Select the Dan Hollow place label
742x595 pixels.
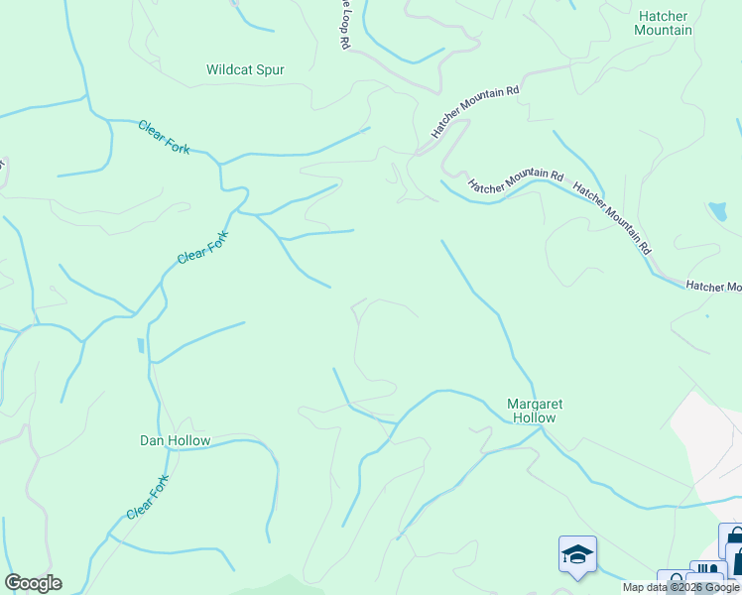coord(175,440)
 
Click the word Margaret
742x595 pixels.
coord(535,405)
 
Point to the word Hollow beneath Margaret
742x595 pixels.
coord(535,418)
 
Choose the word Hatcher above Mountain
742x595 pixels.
coord(664,17)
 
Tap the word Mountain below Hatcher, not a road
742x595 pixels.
coord(664,31)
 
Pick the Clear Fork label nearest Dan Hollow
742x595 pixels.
coord(149,498)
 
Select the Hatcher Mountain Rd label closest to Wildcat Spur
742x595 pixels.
coord(475,111)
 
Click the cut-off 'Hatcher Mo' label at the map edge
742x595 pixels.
coord(714,287)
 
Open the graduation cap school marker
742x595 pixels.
coord(577,554)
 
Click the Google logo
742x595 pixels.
coord(33,583)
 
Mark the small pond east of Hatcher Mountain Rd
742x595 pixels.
coord(716,211)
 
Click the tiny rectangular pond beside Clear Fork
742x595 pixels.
coord(142,345)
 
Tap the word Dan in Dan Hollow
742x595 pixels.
coord(151,440)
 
